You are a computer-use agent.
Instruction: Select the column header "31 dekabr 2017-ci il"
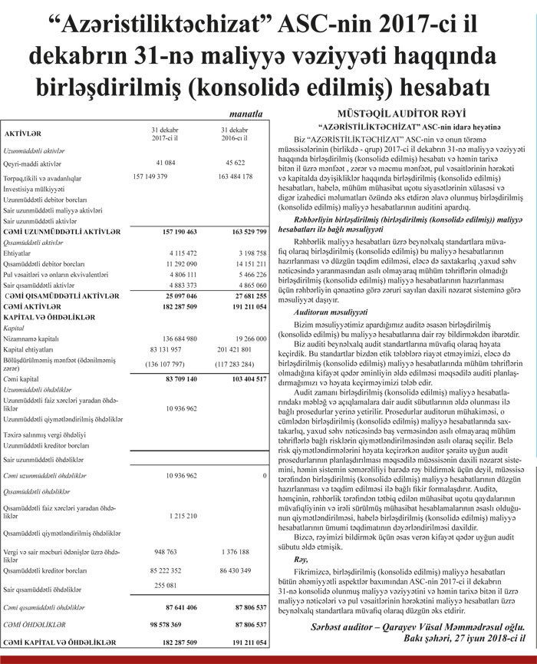click(166, 134)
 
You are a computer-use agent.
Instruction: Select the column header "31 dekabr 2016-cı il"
click(236, 134)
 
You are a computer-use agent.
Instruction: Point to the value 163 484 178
click(236, 177)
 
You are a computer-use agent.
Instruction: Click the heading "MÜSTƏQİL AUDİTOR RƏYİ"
click(397, 112)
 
